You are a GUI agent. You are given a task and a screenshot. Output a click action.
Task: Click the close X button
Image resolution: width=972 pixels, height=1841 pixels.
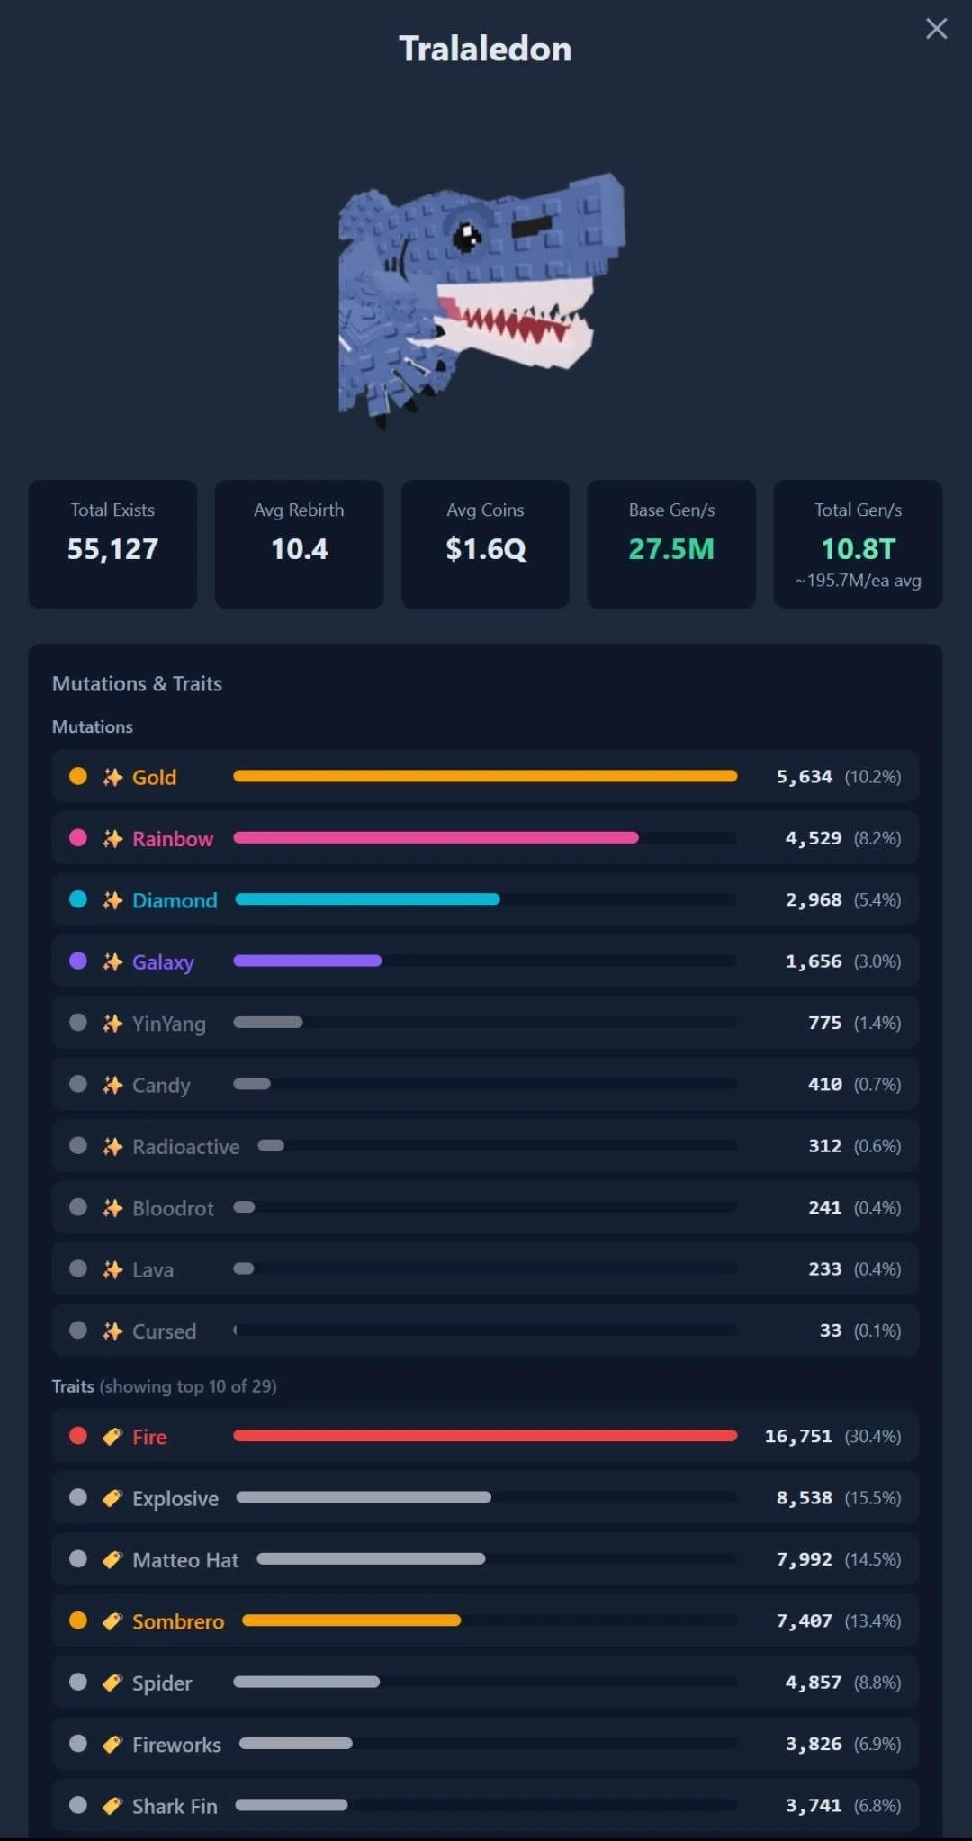(936, 29)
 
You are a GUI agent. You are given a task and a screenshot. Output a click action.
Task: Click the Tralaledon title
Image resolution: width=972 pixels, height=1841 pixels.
(485, 49)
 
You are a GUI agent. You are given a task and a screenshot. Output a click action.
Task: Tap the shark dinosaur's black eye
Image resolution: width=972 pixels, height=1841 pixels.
(467, 237)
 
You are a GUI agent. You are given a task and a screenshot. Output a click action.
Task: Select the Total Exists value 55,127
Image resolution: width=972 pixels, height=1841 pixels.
(112, 549)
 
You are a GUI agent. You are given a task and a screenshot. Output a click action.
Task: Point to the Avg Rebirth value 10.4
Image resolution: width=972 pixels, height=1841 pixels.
(300, 549)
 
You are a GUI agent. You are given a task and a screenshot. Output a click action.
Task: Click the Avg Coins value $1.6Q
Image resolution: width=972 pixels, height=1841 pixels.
(486, 549)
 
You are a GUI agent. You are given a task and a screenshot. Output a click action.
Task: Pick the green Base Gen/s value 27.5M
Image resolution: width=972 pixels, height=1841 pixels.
(671, 549)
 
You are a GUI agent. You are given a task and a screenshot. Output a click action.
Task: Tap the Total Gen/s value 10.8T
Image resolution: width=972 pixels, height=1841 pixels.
(859, 549)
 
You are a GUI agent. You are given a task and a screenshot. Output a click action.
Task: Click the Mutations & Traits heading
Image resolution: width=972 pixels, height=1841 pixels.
(137, 683)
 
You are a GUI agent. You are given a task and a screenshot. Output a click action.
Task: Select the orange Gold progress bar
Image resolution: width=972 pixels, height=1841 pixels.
(485, 776)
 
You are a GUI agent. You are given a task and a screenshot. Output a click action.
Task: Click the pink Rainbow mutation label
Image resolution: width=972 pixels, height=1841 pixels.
(173, 838)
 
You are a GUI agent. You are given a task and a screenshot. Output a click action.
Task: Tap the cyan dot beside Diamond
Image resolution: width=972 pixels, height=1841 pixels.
(78, 899)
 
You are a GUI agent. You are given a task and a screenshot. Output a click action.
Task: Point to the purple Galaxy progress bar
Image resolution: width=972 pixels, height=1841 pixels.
(307, 961)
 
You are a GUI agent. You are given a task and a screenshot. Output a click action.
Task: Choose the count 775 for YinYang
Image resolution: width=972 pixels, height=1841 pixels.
(825, 1023)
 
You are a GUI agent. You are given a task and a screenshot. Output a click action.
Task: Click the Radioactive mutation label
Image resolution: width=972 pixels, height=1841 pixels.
(186, 1146)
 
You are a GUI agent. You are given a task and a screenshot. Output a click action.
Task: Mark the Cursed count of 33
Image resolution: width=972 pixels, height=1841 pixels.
(831, 1331)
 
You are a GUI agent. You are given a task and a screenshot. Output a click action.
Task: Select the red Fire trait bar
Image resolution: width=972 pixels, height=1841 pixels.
(485, 1435)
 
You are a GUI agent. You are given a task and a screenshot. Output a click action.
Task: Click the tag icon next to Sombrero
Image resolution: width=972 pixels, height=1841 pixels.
(112, 1621)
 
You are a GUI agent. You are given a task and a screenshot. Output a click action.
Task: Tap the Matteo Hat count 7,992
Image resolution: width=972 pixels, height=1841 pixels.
(805, 1559)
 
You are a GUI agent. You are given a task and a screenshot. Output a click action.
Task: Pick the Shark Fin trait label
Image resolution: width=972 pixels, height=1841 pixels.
(175, 1806)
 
